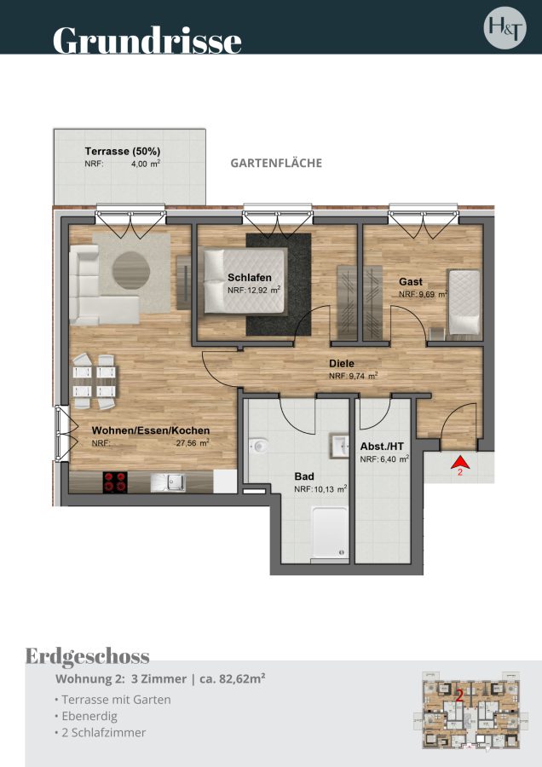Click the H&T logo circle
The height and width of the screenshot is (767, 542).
click(x=505, y=28)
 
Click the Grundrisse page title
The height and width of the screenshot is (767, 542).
click(x=147, y=40)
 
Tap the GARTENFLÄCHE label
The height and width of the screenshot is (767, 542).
click(x=276, y=163)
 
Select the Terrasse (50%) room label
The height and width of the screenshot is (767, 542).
click(x=123, y=151)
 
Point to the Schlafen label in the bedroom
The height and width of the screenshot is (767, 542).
click(x=250, y=278)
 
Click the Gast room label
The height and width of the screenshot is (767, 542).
click(x=411, y=282)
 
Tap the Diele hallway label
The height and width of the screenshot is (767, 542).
click(x=342, y=363)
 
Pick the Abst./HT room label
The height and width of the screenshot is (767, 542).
click(x=382, y=446)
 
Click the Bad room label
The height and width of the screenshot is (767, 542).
click(x=304, y=476)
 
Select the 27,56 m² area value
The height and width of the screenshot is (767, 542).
click(x=193, y=443)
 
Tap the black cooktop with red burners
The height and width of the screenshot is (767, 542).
click(x=115, y=482)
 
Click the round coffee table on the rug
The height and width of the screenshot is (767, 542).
click(x=131, y=270)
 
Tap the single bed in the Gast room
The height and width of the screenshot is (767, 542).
click(x=464, y=303)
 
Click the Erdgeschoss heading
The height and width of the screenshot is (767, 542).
click(x=88, y=656)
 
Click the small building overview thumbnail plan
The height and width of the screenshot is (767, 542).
click(x=471, y=709)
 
